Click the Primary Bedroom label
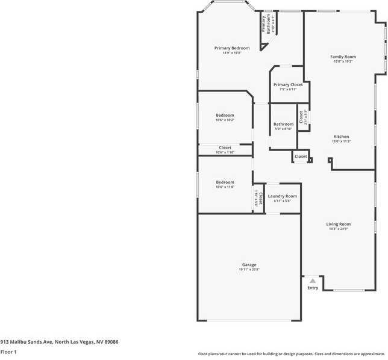(x=232, y=48)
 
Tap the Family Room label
(x=343, y=57)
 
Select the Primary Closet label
(x=287, y=85)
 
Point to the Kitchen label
(x=341, y=137)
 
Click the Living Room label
(x=339, y=224)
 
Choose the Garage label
(x=249, y=265)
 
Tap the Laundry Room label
(x=283, y=196)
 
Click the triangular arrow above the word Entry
(x=313, y=281)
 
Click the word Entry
(x=313, y=288)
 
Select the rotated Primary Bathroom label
(x=264, y=23)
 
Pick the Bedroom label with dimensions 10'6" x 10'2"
(x=225, y=115)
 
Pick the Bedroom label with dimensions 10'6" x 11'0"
(x=225, y=182)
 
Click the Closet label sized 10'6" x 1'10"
(x=225, y=147)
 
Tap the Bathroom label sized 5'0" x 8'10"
(x=283, y=124)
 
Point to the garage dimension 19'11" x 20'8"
(x=249, y=270)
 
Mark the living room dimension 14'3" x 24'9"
(x=339, y=229)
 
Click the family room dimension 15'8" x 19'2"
(x=343, y=61)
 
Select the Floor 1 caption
(x=8, y=352)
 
